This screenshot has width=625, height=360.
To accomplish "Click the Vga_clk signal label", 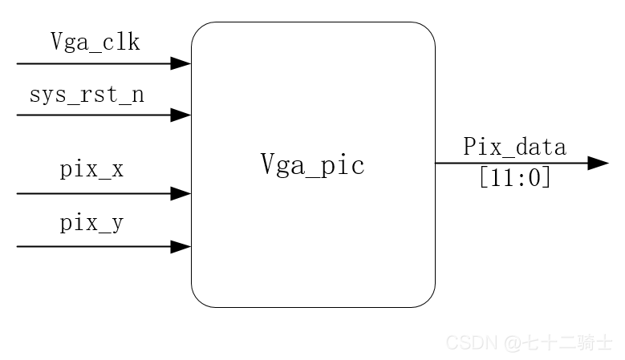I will [95, 42].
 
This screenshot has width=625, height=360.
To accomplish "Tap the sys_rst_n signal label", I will [87, 95].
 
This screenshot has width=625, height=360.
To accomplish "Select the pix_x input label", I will [91, 171].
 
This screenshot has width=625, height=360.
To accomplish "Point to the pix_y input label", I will [91, 224].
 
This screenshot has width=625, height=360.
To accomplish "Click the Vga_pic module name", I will [312, 165].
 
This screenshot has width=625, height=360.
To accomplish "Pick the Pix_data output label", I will [514, 148].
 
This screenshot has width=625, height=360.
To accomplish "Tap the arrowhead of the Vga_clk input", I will [181, 63].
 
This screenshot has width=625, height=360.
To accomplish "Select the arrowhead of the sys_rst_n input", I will [181, 115].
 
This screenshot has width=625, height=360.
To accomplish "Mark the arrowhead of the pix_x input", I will [181, 193].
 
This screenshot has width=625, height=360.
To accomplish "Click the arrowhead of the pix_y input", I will [181, 246].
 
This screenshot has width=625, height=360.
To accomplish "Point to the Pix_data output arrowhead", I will [598, 164].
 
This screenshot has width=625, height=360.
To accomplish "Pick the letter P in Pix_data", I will [469, 147].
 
